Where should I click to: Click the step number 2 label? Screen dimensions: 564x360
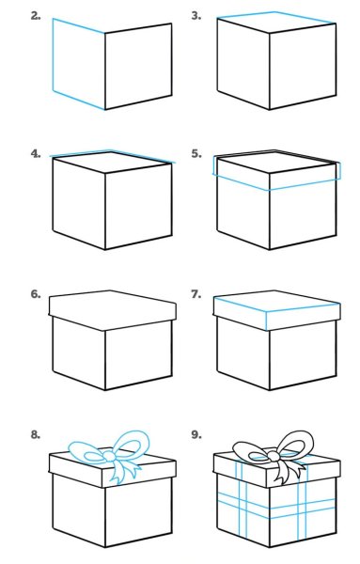click(36, 16)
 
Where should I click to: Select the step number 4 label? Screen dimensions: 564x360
click(36, 154)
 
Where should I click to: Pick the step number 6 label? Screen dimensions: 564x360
click(36, 294)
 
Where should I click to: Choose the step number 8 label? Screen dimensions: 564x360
click(36, 435)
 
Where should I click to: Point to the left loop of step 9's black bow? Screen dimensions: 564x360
click(250, 449)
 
